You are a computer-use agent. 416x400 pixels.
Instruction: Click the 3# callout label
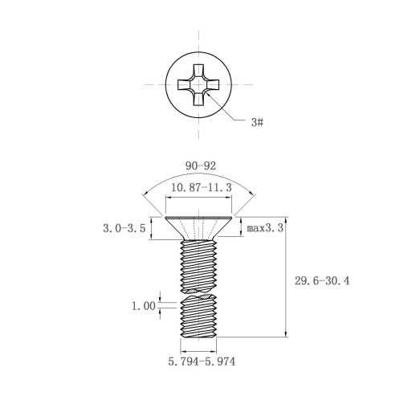(x=257, y=122)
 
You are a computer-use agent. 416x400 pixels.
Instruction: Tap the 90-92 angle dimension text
(x=201, y=166)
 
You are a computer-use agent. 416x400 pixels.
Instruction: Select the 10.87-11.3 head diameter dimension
(x=201, y=187)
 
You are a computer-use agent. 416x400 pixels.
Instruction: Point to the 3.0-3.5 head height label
(x=124, y=228)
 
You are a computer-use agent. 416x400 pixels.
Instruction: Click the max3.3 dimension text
(x=265, y=228)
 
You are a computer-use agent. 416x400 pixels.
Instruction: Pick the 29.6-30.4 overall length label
(x=322, y=281)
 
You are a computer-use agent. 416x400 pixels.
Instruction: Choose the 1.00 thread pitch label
(x=144, y=306)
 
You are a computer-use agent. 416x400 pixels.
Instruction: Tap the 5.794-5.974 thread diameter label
(x=202, y=361)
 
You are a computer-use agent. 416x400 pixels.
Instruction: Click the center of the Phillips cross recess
(x=198, y=84)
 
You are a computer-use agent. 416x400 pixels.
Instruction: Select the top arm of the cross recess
(x=198, y=71)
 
